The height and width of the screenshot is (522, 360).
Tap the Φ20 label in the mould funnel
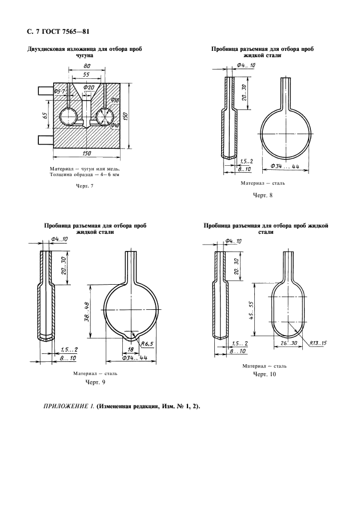pos(88,87)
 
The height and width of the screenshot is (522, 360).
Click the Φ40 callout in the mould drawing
pos(115,125)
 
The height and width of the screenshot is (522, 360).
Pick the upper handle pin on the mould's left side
pos(43,90)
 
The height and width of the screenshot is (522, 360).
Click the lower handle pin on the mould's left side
pos(43,139)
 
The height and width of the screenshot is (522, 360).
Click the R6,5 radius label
pos(148,344)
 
